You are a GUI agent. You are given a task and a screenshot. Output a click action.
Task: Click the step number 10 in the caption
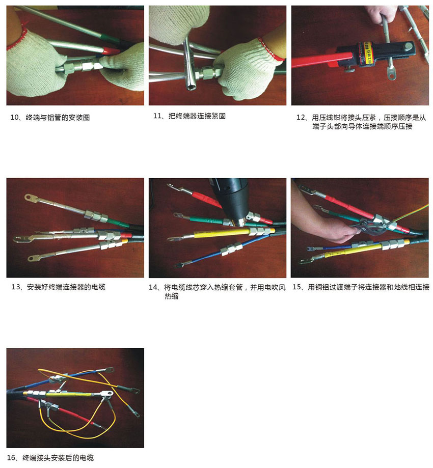click(15, 117)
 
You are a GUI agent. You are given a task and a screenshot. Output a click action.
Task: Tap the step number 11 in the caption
click(157, 116)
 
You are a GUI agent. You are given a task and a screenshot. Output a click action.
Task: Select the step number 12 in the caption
click(300, 117)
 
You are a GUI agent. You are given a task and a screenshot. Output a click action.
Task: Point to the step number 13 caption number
click(15, 287)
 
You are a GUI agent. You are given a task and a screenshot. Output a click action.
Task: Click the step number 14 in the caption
click(153, 287)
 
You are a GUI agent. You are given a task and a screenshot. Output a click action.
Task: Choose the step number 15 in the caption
click(296, 287)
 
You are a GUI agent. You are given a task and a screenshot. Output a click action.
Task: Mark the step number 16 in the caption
click(11, 457)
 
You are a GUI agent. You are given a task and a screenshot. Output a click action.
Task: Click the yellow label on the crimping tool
click(367, 54)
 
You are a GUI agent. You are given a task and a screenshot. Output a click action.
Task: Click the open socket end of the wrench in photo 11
click(190, 84)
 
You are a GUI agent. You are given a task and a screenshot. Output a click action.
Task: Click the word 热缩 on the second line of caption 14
click(171, 296)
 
